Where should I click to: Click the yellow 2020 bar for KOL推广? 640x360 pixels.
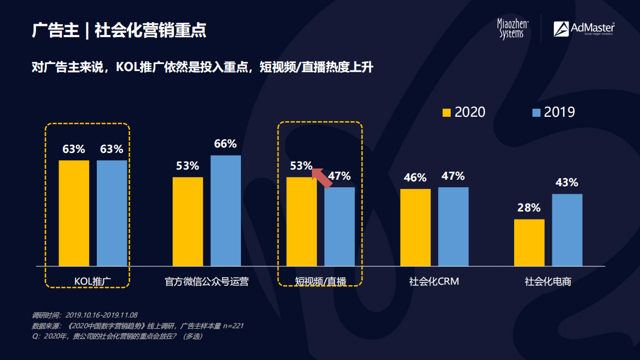coord(74,213)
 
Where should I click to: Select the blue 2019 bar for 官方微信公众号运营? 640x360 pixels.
coord(225,211)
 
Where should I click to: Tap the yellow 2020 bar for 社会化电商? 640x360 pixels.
coord(529,243)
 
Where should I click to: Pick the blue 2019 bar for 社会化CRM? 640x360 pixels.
coord(453,227)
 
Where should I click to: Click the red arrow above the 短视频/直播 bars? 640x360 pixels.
coord(322,178)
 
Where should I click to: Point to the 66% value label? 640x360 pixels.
coord(225,144)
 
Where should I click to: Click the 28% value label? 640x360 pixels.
coord(529,208)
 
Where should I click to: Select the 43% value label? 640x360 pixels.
coord(566,182)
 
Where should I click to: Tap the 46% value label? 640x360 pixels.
coord(415,178)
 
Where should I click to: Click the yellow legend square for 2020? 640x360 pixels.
coord(446,112)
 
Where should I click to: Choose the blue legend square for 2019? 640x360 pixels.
coord(536,112)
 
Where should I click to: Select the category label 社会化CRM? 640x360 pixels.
coord(434,281)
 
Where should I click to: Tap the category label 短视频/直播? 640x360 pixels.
coord(321,281)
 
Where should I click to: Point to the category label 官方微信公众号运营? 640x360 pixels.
coord(207,281)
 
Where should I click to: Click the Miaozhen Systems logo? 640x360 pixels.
coord(513,29)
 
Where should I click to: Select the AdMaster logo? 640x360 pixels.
coord(584,29)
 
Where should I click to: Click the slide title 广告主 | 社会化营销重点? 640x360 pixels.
coord(119,30)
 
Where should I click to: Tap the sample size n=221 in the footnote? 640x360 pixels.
coord(233,326)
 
